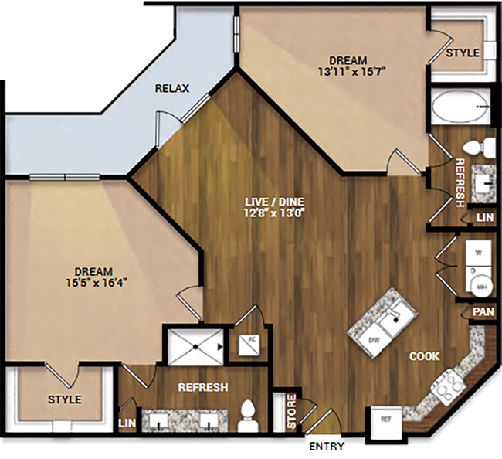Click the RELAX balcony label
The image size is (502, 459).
click(x=171, y=88)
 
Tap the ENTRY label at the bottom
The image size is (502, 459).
click(x=327, y=447)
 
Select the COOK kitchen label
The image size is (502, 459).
click(x=425, y=356)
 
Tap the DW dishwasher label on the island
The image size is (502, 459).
click(x=375, y=340)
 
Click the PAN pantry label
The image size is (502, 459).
click(x=483, y=312)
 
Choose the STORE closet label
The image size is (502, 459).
click(x=292, y=413)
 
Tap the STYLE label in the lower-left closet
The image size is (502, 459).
click(x=64, y=399)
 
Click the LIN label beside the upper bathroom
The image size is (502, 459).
click(x=483, y=219)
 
